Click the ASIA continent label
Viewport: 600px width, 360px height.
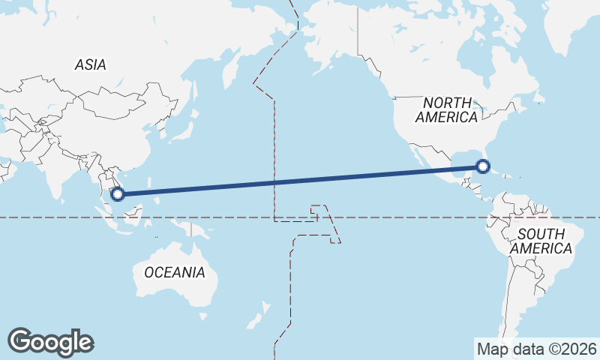(x=90, y=65)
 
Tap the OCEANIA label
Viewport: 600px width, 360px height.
(x=174, y=272)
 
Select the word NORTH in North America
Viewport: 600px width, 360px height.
(x=447, y=102)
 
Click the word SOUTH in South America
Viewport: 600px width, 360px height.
(x=540, y=234)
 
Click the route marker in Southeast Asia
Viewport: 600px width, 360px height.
(x=117, y=194)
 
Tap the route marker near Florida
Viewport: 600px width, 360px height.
(x=484, y=166)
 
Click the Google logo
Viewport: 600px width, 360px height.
(x=50, y=342)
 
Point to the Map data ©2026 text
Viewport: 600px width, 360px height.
(x=536, y=349)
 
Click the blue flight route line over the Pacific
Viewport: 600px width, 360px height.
(x=300, y=180)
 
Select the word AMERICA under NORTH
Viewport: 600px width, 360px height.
(x=447, y=118)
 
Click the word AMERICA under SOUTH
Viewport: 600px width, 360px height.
(x=540, y=249)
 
